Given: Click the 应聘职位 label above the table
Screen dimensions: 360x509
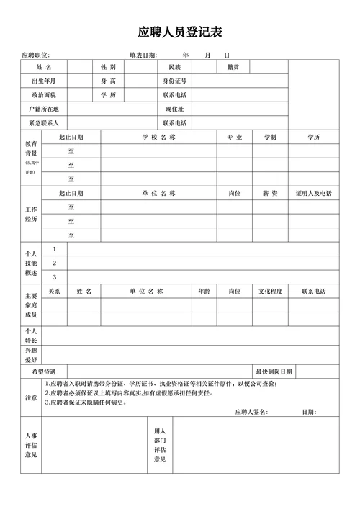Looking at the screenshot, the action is (35, 55).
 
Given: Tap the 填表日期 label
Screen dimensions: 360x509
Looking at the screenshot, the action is (143, 55).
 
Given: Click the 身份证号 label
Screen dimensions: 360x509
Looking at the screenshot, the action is (174, 81).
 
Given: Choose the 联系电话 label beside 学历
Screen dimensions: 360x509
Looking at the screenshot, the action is (174, 94).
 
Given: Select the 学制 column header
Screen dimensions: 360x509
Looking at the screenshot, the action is (270, 137).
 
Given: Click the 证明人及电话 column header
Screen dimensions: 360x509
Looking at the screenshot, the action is (313, 194).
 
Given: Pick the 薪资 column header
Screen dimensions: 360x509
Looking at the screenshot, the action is (270, 194).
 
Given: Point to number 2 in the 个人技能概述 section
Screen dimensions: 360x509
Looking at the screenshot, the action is (54, 263).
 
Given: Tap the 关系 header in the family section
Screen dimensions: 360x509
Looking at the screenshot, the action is (54, 292).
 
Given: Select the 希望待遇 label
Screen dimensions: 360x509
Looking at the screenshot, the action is (44, 371).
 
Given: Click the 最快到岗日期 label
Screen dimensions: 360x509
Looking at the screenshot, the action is (274, 371).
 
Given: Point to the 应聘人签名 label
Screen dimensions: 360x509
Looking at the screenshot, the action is (251, 412).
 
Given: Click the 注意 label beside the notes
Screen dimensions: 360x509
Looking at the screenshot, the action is (31, 397).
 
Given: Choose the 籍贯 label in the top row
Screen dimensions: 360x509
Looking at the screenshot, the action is (233, 67).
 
